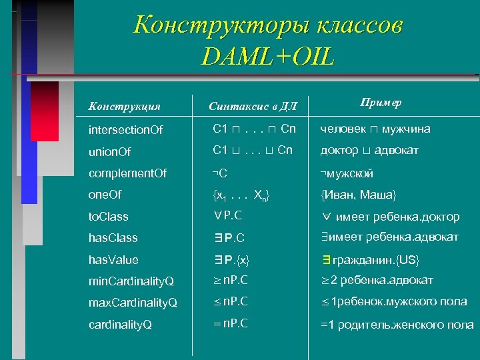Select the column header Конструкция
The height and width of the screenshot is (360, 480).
(125, 105)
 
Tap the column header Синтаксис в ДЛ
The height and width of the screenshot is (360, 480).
(253, 105)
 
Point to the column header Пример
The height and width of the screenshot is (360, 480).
(381, 102)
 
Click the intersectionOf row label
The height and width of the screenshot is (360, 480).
(126, 129)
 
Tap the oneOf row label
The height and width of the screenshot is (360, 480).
(106, 194)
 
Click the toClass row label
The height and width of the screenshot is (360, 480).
(109, 216)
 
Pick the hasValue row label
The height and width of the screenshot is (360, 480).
(113, 259)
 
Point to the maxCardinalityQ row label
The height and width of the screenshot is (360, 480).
(133, 303)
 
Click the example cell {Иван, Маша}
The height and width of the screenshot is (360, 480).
(358, 194)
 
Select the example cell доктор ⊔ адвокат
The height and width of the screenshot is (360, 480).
(369, 151)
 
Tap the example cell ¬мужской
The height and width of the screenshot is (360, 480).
(347, 173)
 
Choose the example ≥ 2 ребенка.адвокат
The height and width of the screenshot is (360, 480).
(377, 280)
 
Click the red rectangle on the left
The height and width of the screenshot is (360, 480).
(45, 111)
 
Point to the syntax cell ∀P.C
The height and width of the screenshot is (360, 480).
(228, 215)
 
